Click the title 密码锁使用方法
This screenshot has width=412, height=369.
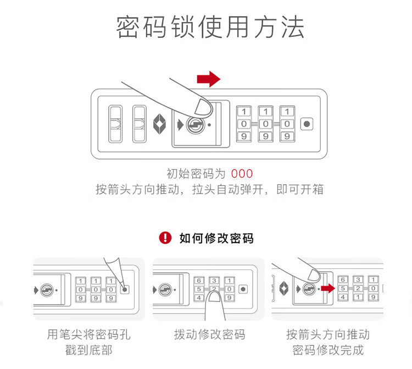pos(210,27)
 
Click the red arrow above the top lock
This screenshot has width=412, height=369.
pos(209,80)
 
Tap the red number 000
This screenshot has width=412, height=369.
pos(242,174)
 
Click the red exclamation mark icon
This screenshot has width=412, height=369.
pos(165,238)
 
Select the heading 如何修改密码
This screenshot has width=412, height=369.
pos(216,238)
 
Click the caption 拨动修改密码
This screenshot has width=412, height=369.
pos(209,334)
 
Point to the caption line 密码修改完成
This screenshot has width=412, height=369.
pos(328,350)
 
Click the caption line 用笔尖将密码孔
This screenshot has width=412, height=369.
pos(89,334)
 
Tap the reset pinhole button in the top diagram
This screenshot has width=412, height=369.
pos(307,123)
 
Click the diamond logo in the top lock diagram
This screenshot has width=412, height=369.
pos(159,123)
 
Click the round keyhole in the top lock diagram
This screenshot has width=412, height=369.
pos(193,124)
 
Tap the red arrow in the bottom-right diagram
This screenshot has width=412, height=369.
pos(329,287)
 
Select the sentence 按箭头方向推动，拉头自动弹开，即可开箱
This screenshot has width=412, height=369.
pos(209,190)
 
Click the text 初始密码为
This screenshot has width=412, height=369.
pos(196,174)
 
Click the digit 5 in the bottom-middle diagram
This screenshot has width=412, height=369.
pos(198,289)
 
